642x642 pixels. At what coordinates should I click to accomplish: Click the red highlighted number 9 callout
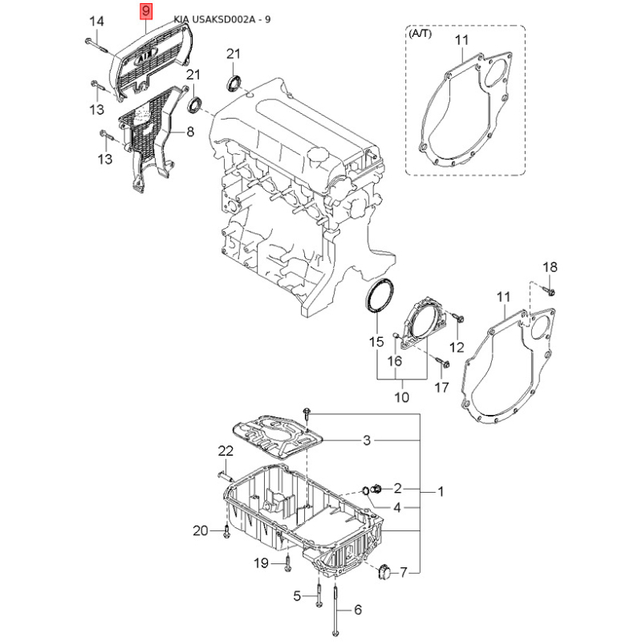coord(146,11)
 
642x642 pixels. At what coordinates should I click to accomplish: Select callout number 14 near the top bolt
coord(96,22)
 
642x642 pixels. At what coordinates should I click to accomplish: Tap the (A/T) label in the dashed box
coord(420,34)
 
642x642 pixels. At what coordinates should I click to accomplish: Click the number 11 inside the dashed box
coord(461,40)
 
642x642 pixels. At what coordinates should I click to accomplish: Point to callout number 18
coord(550,267)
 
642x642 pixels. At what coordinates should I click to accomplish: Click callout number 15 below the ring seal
coord(376,342)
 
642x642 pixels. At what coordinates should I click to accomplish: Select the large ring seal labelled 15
coord(380,295)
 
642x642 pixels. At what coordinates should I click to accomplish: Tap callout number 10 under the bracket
coord(402,397)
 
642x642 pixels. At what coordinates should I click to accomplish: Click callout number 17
coord(441,388)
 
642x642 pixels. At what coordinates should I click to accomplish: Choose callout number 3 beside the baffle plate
coord(367,440)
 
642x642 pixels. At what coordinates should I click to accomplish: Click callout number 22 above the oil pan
coord(226,451)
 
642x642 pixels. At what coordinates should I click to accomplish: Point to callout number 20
coord(201,530)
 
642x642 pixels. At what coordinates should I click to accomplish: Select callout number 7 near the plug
coord(404,572)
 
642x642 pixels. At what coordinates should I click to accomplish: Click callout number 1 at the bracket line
coord(441,491)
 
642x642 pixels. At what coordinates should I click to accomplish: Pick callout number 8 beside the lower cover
coord(190,132)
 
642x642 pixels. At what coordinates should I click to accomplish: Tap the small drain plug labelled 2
coord(376,488)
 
